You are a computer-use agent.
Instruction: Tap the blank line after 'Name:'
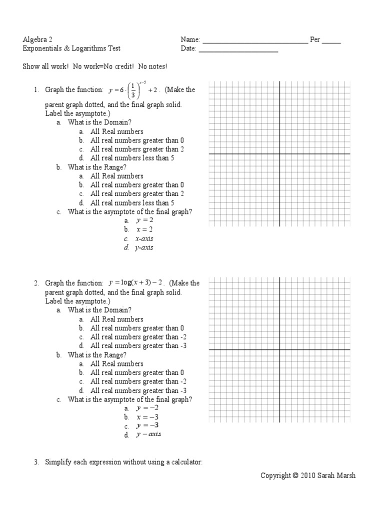point(255,42)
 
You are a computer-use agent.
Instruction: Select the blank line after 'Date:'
point(238,51)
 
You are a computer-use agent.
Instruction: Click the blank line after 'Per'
point(331,42)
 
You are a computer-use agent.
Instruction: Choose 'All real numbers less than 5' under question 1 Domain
point(132,158)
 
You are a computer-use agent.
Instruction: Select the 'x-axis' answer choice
point(144,238)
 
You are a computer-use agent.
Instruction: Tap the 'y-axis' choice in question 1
point(144,247)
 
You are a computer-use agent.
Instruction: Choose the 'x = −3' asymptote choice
point(147,417)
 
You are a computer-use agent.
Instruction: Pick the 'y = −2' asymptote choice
point(147,408)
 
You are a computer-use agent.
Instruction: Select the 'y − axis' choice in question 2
point(148,434)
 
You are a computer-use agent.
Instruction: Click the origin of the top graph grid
point(279,154)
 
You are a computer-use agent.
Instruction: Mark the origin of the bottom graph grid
point(279,349)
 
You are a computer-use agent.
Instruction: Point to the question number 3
point(36,462)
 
